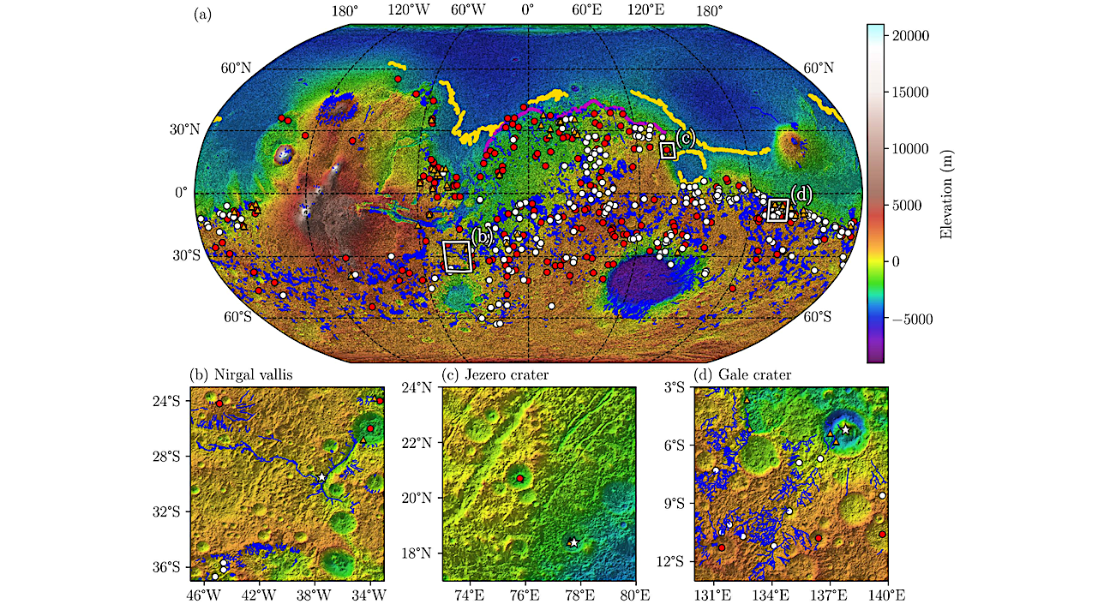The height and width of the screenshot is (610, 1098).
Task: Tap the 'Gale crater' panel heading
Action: pyautogui.click(x=742, y=375)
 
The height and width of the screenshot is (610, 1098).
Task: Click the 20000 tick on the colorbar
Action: pyautogui.click(x=912, y=36)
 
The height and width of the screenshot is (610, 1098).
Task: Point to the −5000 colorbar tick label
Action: pyautogui.click(x=912, y=319)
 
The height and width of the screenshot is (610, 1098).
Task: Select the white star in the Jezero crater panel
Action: pyautogui.click(x=573, y=542)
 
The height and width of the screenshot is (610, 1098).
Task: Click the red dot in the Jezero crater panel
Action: pyautogui.click(x=520, y=477)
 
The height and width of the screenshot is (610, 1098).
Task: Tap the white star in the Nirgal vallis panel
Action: pyautogui.click(x=321, y=477)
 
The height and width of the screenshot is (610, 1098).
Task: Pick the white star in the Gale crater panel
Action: pyautogui.click(x=845, y=429)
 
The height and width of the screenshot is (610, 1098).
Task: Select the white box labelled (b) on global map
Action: pyautogui.click(x=457, y=256)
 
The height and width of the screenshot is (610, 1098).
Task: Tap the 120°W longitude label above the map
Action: pyautogui.click(x=409, y=11)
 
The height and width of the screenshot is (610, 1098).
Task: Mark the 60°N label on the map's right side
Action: pyautogui.click(x=818, y=68)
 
